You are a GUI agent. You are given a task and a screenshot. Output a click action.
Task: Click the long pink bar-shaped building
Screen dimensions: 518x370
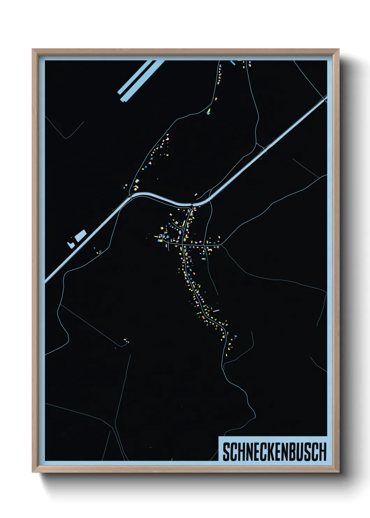216,310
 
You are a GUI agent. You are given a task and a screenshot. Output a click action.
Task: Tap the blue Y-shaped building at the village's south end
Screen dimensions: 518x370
235,336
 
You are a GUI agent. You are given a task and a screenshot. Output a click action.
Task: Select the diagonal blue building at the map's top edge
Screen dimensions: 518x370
233,63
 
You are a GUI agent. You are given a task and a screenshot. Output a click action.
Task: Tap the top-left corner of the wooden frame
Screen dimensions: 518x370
33,49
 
